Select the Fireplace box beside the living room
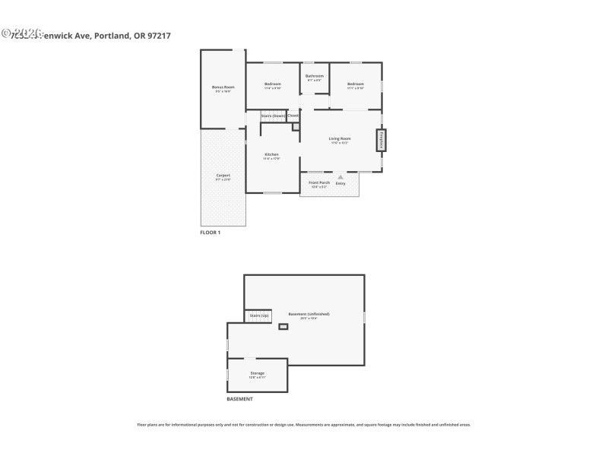click(x=381, y=141)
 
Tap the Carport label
click(x=223, y=176)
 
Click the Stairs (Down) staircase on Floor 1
click(x=273, y=116)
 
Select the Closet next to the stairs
click(x=293, y=116)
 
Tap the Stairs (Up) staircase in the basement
click(x=258, y=315)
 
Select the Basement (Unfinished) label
click(x=309, y=315)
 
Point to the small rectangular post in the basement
click(x=283, y=327)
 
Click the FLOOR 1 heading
click(x=211, y=233)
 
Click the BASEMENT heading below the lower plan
click(x=239, y=399)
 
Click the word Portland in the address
click(x=112, y=33)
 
